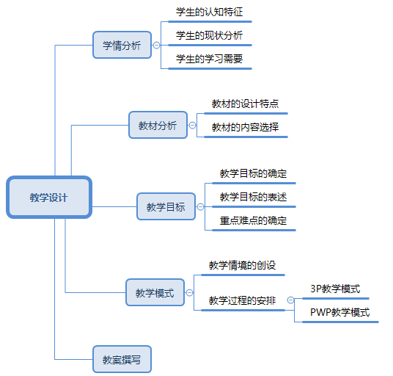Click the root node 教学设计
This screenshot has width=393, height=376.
pos(49,197)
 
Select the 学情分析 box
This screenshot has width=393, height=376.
pos(122,45)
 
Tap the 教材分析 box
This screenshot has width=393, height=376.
pos(158,125)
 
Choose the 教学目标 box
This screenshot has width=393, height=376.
pos(166,206)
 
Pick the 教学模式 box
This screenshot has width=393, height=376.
pos(155,292)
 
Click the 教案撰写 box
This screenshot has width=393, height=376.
pos(122,359)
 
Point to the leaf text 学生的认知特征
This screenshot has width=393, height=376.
pos(209,12)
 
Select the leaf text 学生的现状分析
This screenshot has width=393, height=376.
pos(209,35)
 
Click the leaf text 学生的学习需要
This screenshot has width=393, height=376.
pos(209,59)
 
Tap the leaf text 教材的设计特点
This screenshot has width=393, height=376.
pos(245,104)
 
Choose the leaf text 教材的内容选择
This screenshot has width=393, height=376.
pos(245,127)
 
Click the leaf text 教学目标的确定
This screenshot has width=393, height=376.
pos(253,173)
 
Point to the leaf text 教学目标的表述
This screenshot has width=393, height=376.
pos(253,197)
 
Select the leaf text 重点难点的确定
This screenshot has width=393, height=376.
pos(253,220)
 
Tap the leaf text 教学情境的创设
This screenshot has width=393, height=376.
pos(243,265)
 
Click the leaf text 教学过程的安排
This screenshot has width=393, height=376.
pos(243,300)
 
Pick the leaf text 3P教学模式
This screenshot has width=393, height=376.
pos(335,289)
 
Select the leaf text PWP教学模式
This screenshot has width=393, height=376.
pos(340,312)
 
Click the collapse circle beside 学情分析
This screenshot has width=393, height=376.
pos(156,46)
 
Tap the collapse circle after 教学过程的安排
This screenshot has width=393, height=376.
pos(290,300)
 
